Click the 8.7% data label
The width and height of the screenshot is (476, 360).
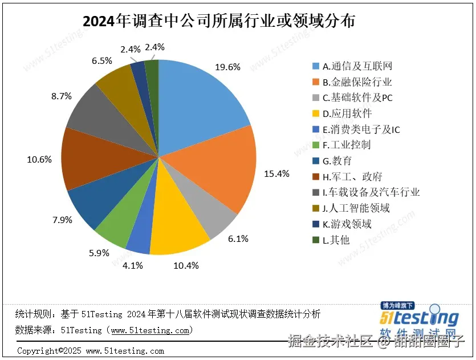(61, 96)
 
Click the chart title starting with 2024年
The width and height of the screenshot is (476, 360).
(219, 21)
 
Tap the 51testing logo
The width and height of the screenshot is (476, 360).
(420, 318)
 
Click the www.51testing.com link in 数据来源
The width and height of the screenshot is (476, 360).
(151, 330)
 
